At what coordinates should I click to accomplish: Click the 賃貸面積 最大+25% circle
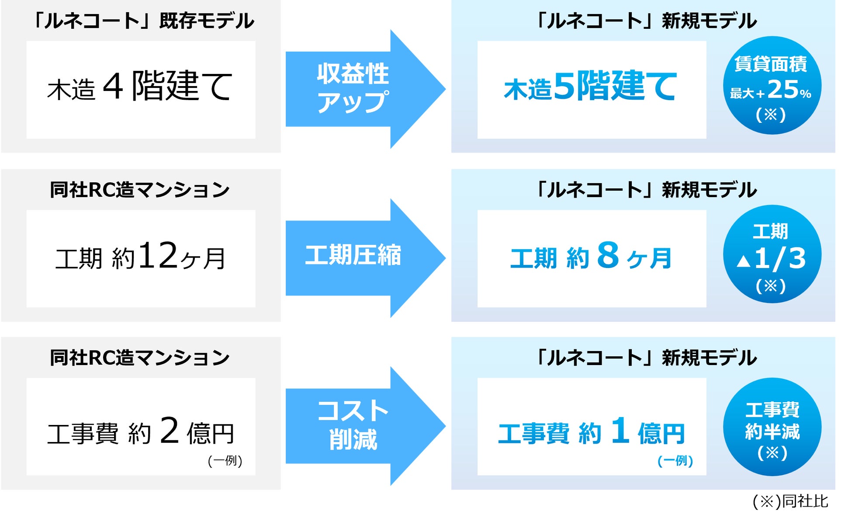pos(772,86)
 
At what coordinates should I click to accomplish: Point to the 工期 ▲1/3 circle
pos(772,254)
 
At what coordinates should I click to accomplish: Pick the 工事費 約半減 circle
pos(772,427)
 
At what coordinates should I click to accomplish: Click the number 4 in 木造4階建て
pos(113,86)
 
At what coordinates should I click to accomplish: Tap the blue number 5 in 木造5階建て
pos(565,86)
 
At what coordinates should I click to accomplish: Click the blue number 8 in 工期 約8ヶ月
pos(608,255)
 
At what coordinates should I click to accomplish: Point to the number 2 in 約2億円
pos(170,430)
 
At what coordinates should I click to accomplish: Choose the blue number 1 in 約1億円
pos(620,430)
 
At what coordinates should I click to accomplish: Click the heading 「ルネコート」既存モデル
pos(144,21)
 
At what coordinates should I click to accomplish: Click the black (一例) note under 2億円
pos(225,461)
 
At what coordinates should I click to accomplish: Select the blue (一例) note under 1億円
pos(675,461)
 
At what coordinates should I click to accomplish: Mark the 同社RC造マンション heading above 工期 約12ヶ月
pos(140,190)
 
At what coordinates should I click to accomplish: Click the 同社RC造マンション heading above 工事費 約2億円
pos(140,358)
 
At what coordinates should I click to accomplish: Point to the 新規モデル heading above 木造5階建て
pos(647,21)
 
